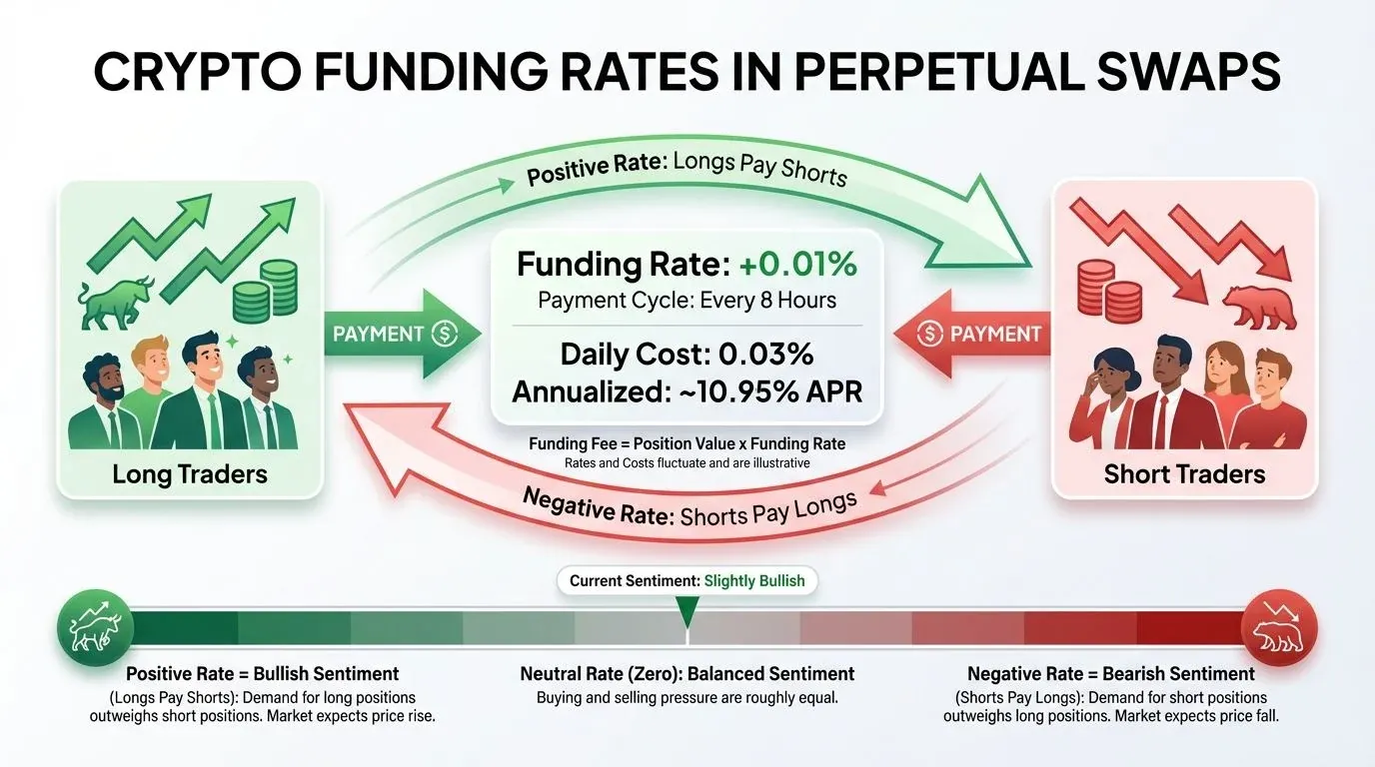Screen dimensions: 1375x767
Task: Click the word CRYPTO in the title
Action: pos(197,72)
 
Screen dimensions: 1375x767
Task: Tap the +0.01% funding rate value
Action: pos(798,265)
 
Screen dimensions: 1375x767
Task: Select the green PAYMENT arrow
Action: pos(402,334)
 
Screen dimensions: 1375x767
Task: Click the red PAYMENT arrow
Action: pos(971,334)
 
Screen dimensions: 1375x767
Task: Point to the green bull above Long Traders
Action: pos(116,303)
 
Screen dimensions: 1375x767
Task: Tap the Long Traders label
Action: pos(190,474)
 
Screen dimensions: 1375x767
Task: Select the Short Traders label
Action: pos(1184,474)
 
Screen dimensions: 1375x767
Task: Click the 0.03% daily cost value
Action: pos(765,355)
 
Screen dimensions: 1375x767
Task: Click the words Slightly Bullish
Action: pos(753,580)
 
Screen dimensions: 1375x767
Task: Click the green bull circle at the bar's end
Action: pos(95,628)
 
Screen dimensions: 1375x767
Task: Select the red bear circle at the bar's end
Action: pos(1279,628)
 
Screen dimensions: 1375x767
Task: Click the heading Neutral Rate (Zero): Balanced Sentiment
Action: pos(687,674)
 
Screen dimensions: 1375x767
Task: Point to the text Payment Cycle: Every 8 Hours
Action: pos(687,300)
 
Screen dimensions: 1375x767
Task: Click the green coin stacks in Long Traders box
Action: pos(265,291)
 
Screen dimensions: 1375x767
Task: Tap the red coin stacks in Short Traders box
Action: pos(1110,291)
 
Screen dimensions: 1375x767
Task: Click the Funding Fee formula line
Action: pos(687,443)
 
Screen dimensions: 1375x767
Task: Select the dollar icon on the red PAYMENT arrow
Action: pos(929,334)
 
